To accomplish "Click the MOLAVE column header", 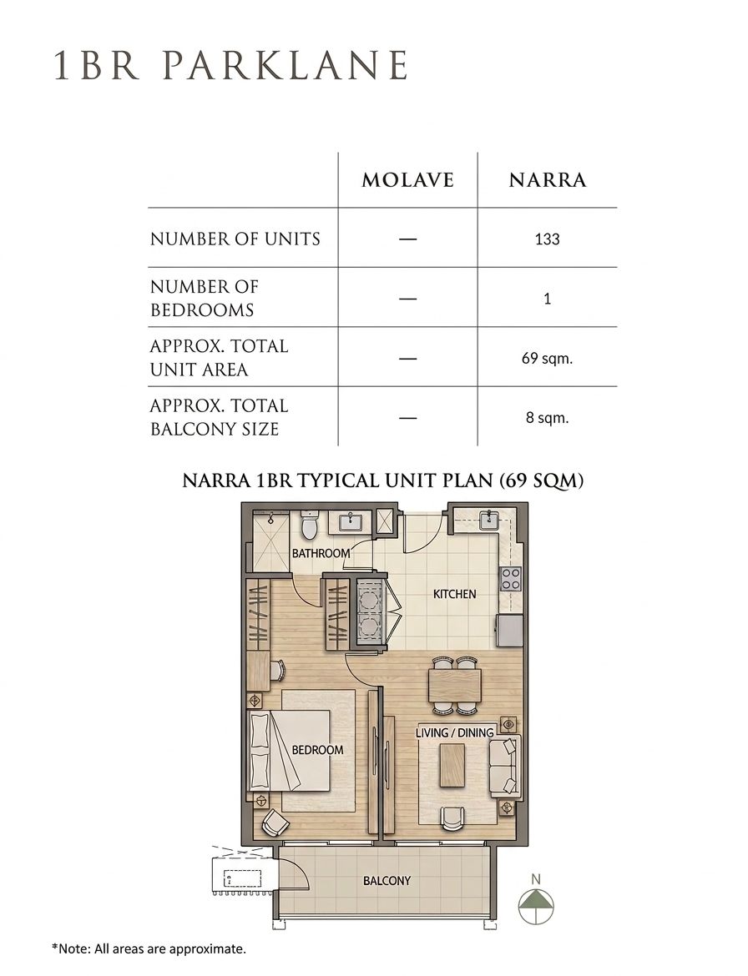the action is click(408, 180).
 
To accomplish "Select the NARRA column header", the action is click(548, 180).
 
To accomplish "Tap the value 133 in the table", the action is click(548, 239).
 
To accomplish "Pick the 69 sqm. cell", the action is click(548, 359).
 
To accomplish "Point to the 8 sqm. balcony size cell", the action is click(548, 418).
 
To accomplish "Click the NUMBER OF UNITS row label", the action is click(235, 239).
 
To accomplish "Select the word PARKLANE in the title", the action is click(286, 65).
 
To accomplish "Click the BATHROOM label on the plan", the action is click(321, 553).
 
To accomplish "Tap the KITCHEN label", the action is click(455, 594).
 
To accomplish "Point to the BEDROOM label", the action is click(317, 750).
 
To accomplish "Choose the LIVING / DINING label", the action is click(455, 732).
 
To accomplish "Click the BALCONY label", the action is click(387, 881).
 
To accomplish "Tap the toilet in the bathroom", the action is click(310, 526).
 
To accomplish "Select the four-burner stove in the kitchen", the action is click(511, 579).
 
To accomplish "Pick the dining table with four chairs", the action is click(455, 686).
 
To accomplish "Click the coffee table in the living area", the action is click(452, 765).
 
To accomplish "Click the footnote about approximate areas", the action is click(149, 949).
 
